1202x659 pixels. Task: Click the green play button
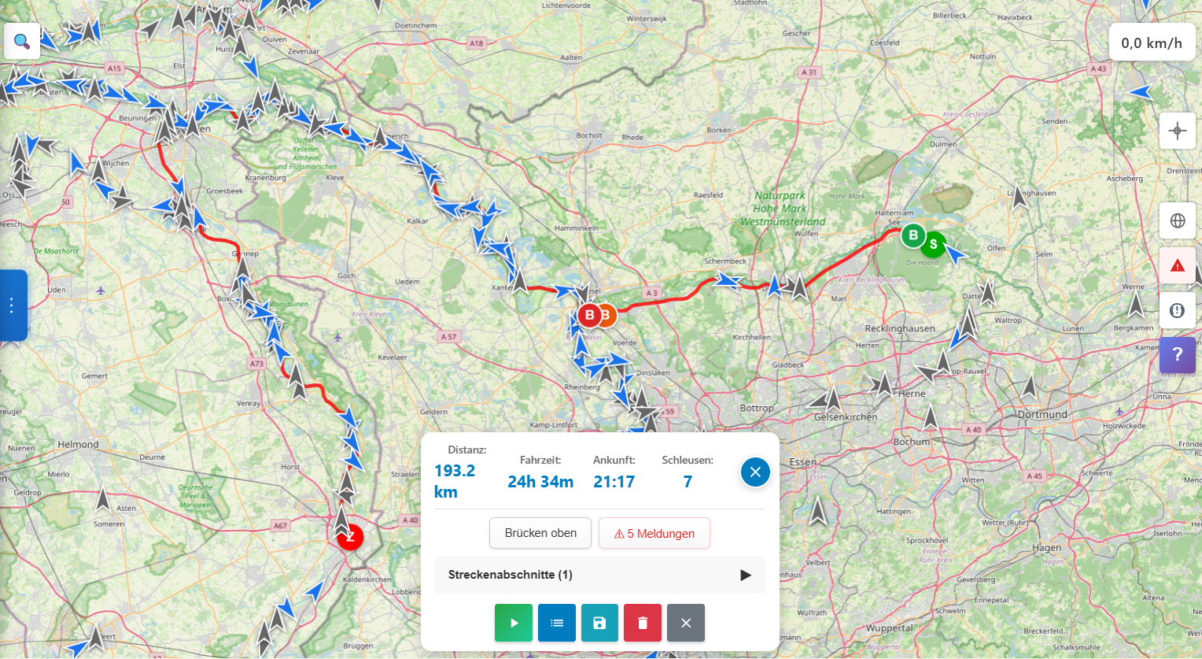(514, 623)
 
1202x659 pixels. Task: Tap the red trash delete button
(643, 623)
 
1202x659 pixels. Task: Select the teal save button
(599, 623)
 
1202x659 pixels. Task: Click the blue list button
(557, 623)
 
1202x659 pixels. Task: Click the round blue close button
(755, 472)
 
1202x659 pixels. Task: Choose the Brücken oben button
(540, 533)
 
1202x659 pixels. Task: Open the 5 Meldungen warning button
(654, 533)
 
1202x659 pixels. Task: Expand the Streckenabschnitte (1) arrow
(745, 575)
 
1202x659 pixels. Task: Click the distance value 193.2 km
(455, 481)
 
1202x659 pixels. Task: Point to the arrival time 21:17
(614, 482)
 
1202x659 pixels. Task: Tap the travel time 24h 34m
(540, 482)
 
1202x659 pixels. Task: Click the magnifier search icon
(22, 41)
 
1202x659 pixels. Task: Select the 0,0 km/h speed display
(1152, 43)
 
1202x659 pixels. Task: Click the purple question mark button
(1177, 355)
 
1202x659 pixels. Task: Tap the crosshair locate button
(1178, 131)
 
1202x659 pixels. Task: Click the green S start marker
(934, 244)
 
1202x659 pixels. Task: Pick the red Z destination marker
(350, 537)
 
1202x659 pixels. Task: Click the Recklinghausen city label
(900, 328)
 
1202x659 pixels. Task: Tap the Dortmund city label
(1042, 414)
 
